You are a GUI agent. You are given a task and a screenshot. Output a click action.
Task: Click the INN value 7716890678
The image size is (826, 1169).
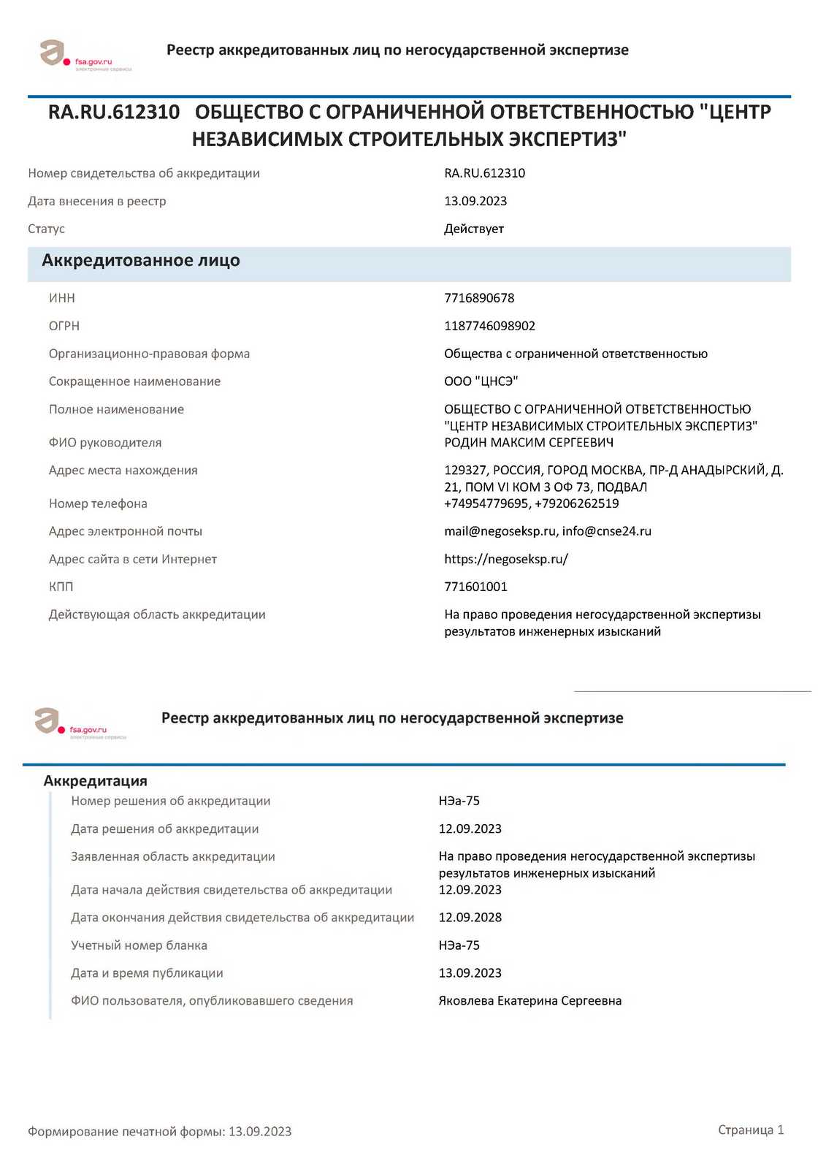(479, 298)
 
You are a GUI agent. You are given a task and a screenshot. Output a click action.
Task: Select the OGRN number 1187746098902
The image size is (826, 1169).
(489, 326)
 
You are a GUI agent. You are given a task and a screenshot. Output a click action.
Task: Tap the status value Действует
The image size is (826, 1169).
(474, 229)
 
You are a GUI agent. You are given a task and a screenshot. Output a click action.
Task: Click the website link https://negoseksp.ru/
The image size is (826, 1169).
(506, 559)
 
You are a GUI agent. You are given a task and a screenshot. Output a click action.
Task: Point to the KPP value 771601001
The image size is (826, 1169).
(475, 587)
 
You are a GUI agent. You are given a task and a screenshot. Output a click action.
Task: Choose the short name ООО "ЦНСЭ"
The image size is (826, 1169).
(481, 381)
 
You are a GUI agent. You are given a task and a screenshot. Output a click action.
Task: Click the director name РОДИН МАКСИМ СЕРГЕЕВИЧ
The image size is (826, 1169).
(529, 443)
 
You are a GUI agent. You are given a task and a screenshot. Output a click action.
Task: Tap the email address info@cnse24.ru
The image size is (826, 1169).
(606, 531)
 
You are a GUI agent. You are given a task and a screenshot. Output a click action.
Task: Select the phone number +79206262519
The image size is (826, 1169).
(577, 503)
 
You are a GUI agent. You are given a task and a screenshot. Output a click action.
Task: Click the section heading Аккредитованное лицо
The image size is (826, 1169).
(141, 261)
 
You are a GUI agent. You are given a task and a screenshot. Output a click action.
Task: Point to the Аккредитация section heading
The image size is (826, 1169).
(96, 781)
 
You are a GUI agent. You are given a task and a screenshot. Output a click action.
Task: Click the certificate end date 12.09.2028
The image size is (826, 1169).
(470, 918)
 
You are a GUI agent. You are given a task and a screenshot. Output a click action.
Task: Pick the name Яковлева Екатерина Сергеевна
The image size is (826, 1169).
(530, 1001)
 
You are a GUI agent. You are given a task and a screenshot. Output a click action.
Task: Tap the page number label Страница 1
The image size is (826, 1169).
(751, 1130)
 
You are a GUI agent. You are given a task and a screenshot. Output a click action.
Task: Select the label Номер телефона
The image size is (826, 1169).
(98, 503)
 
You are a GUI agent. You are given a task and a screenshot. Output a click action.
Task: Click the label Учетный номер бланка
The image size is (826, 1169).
(139, 945)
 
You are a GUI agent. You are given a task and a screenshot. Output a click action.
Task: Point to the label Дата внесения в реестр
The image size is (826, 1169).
(97, 201)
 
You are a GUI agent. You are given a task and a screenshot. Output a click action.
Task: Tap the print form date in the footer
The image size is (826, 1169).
(260, 1132)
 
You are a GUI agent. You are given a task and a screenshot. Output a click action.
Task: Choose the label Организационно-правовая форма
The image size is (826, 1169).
(149, 354)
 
